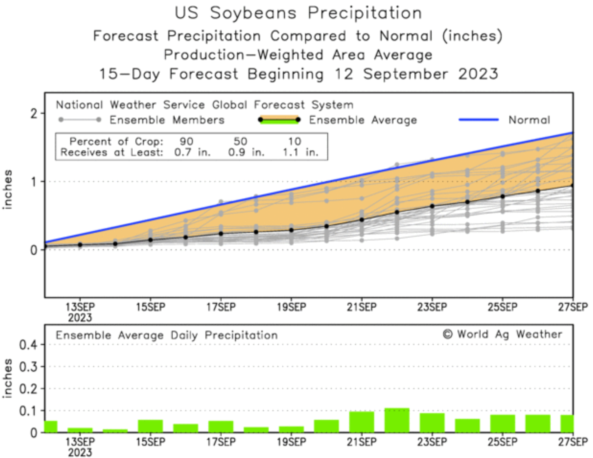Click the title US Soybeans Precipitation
[298, 13]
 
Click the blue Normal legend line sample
[479, 120]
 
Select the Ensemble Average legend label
[362, 120]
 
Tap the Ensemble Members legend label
[167, 120]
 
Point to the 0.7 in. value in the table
[192, 152]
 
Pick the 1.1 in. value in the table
[301, 152]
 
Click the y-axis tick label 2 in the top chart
[34, 113]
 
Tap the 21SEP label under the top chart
[362, 307]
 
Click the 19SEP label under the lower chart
[291, 442]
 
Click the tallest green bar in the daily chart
[397, 420]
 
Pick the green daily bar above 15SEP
[150, 426]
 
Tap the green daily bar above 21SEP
[362, 422]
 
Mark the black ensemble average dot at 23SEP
[432, 206]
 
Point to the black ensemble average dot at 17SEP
[221, 233]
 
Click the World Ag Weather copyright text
[503, 335]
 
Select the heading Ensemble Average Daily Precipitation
[167, 335]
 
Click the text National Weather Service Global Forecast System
[204, 105]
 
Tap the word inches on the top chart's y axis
[7, 189]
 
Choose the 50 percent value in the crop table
[240, 141]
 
